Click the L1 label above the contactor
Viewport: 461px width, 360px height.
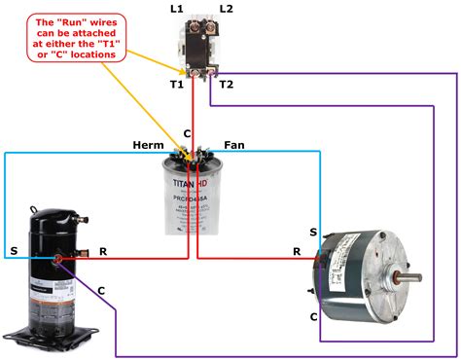coord(177,9)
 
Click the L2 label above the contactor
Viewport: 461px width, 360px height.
coord(226,9)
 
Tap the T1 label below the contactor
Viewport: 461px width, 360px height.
coord(176,85)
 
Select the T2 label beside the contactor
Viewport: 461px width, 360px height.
coord(227,85)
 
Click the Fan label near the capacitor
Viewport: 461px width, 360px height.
coord(234,145)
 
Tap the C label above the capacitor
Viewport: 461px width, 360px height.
coord(188,132)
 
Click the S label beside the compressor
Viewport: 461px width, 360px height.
coord(14,251)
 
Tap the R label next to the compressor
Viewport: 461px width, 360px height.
coord(103,251)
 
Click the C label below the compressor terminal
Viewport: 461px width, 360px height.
coord(100,290)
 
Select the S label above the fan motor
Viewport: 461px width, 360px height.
coord(312,232)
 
